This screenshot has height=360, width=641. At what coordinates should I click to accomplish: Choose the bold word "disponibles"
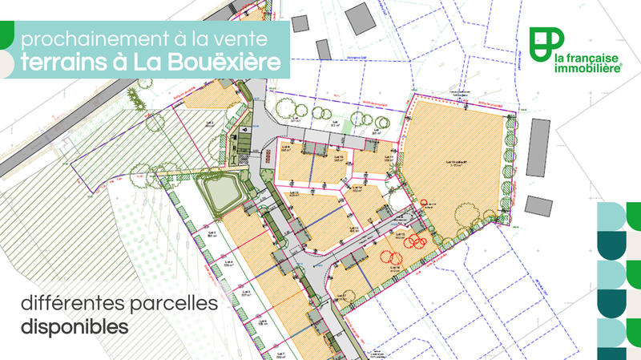[x=75, y=327]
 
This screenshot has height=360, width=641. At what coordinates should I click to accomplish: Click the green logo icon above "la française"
[x=548, y=40]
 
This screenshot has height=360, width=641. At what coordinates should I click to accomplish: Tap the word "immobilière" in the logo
[x=588, y=69]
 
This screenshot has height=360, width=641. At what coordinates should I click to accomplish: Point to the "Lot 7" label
[x=279, y=352]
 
